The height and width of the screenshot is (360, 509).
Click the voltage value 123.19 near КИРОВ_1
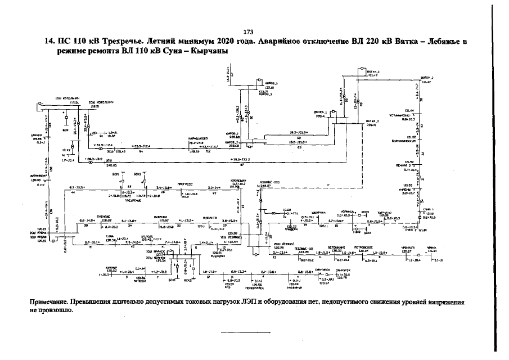point(269,88)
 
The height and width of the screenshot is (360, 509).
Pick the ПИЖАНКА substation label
point(161,217)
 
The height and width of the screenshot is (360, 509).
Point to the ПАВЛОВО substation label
point(102,217)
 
